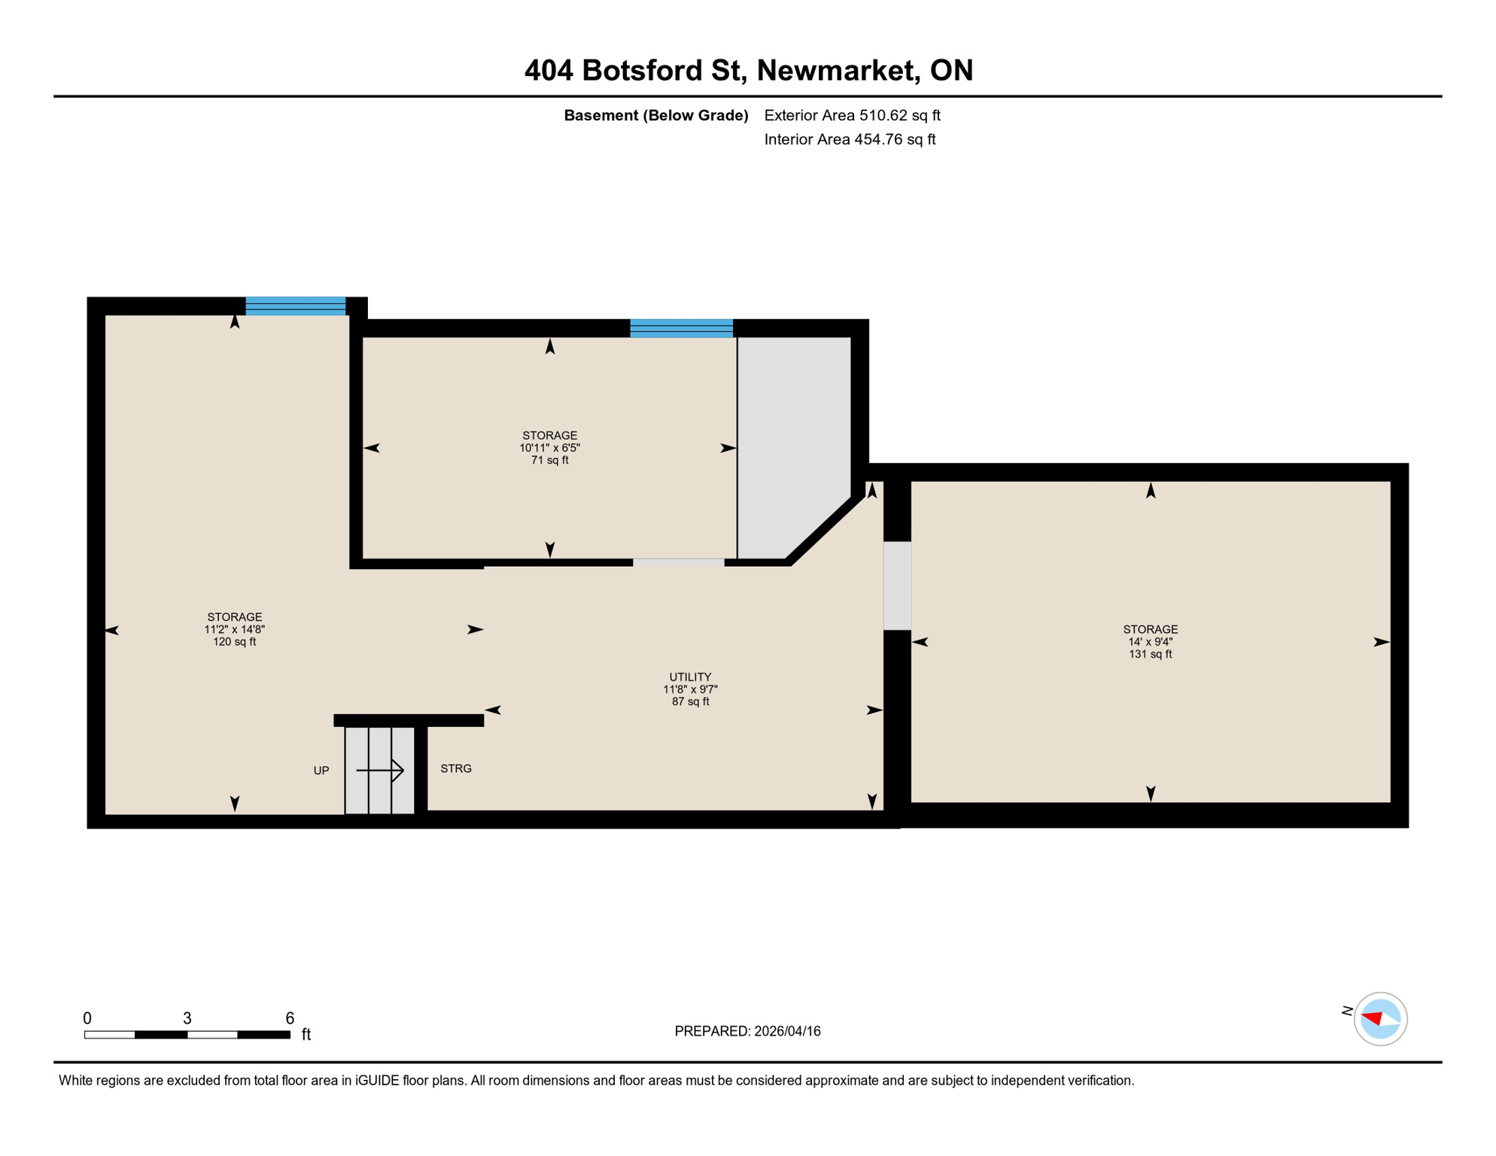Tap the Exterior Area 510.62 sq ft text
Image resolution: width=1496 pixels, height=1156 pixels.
(852, 115)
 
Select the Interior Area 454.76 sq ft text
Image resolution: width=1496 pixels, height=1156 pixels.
(850, 139)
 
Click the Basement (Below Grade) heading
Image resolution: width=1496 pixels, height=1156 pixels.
(655, 115)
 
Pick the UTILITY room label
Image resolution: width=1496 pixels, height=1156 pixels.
(690, 677)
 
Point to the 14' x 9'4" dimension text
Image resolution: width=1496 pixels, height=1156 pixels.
(1150, 642)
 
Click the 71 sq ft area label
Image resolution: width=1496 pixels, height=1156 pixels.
(549, 461)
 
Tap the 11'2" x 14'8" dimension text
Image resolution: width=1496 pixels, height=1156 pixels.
(234, 630)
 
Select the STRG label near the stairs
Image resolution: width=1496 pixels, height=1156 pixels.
(456, 768)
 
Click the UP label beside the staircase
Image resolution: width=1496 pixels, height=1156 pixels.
(321, 771)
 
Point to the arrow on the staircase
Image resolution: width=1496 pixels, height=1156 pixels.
(381, 770)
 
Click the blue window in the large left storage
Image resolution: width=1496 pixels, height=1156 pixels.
(295, 306)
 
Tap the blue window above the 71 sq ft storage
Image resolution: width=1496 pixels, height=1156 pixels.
(681, 328)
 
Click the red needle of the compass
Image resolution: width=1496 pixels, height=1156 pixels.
(1372, 1018)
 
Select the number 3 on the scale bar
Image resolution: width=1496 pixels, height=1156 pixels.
(187, 1018)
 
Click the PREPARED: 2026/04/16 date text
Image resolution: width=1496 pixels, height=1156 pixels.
(747, 1031)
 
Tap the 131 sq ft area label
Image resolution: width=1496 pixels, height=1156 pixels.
(1150, 655)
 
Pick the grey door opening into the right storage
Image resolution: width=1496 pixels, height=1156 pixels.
(897, 586)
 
